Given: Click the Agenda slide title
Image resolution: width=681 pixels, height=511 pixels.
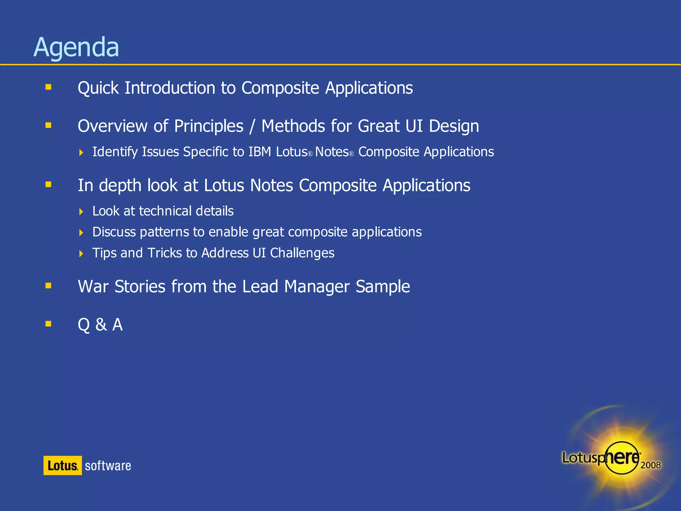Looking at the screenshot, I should pos(76,47).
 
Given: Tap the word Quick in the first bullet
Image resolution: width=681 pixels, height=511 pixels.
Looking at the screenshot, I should pos(98,88).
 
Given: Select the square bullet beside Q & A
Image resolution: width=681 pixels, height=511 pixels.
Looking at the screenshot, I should pos(49,324).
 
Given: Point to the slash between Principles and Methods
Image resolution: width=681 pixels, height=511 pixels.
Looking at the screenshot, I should pos(252,126).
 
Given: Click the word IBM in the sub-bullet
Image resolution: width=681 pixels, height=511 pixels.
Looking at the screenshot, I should pos(260,152).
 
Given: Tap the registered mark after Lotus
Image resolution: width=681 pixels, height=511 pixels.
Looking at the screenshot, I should pos(310,154).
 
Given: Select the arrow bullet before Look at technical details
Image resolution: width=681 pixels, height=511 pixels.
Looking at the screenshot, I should pos(81,212).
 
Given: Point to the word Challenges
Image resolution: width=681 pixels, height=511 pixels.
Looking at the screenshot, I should pos(302,253).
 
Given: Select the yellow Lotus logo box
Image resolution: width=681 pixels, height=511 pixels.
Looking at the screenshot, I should pos(63,465).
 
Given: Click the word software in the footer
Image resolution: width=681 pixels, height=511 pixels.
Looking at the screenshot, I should pos(108,466).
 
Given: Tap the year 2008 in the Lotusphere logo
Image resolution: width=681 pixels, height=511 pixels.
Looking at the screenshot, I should pos(650,465).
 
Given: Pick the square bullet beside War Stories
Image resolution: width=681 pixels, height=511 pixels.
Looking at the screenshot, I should pos(49,285).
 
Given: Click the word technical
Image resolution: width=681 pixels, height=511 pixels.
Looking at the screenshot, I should pos(165,211).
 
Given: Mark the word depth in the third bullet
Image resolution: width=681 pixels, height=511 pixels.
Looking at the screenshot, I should pos(120,186).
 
